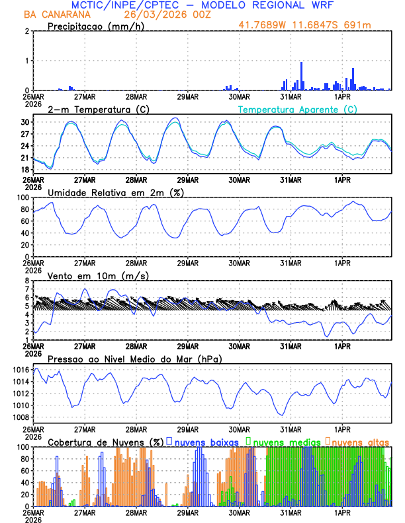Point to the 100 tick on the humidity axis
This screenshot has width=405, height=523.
[x=22, y=197]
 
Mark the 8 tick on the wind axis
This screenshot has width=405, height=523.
[x=26, y=281]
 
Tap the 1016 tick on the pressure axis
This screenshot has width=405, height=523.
[x=21, y=370]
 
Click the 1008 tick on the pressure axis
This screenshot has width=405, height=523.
[x=21, y=417]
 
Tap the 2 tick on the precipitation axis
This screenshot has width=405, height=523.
[x=26, y=31]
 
